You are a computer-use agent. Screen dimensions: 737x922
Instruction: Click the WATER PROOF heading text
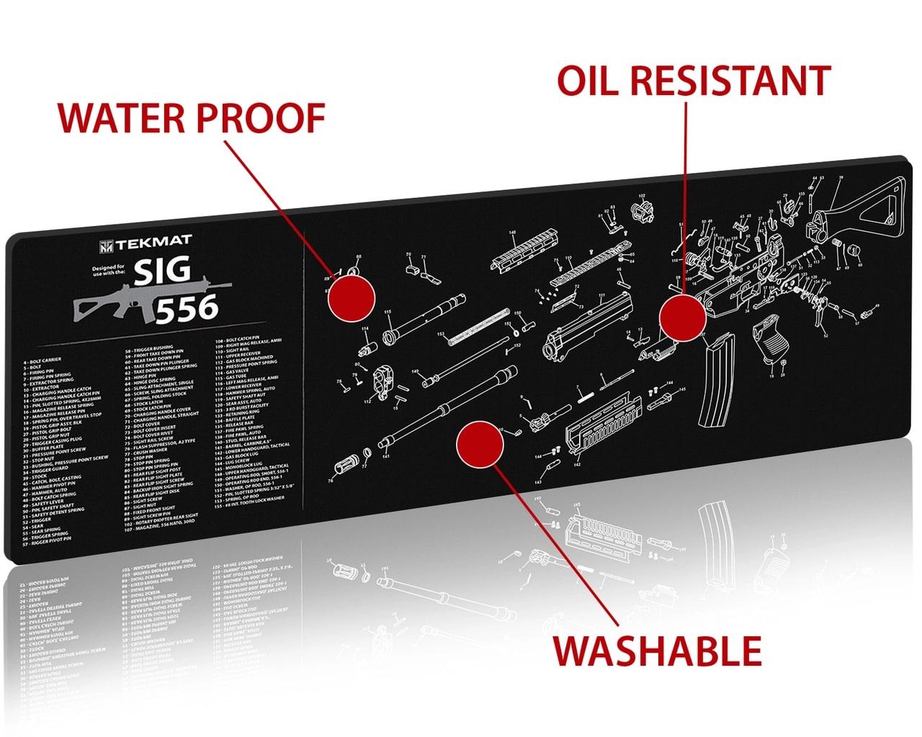pyautogui.click(x=191, y=119)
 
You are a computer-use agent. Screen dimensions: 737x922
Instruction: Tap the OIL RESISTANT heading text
pyautogui.click(x=694, y=81)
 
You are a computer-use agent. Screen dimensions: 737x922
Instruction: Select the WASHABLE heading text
pyautogui.click(x=657, y=651)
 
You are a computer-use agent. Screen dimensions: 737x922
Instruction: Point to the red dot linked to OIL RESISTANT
pyautogui.click(x=682, y=317)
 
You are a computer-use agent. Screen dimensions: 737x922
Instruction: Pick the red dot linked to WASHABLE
pyautogui.click(x=479, y=443)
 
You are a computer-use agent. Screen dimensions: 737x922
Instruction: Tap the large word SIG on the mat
pyautogui.click(x=164, y=271)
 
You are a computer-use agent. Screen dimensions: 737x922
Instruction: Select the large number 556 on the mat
pyautogui.click(x=187, y=308)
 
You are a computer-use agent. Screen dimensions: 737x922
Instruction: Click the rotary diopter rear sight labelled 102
pyautogui.click(x=641, y=209)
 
